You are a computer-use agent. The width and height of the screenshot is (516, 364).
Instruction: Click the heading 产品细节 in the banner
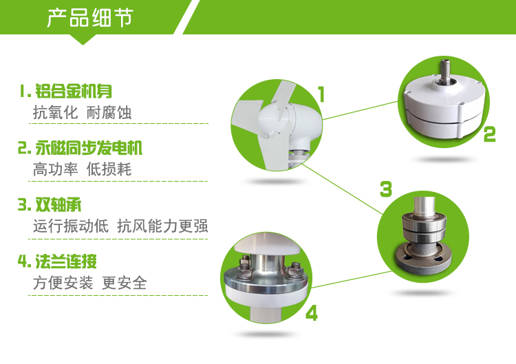(x=90, y=17)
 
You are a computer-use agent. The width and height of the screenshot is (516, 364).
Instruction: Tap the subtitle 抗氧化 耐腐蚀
(x=82, y=113)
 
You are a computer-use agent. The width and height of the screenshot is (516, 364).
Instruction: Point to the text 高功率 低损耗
(x=82, y=169)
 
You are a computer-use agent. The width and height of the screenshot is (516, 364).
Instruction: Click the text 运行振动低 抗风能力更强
(x=120, y=226)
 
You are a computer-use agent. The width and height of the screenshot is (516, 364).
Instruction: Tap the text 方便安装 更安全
(x=89, y=283)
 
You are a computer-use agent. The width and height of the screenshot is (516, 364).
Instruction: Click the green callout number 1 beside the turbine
(x=321, y=94)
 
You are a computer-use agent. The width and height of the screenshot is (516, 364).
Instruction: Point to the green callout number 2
(x=489, y=134)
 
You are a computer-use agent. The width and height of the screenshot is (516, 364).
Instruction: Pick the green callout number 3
(x=386, y=189)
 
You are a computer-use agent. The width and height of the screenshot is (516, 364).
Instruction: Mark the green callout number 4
(x=311, y=313)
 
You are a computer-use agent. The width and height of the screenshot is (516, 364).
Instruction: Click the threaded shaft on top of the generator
(x=446, y=69)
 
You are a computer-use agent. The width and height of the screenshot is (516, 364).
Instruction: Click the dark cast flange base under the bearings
(x=423, y=259)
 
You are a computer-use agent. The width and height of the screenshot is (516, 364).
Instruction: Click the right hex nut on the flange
(x=294, y=270)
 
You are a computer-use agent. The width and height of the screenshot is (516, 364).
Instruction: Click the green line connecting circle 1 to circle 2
(x=360, y=110)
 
